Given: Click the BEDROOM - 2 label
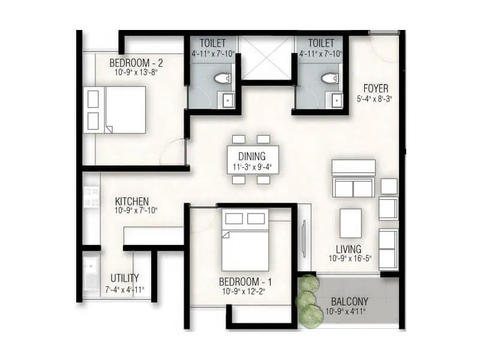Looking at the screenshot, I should (x=136, y=62).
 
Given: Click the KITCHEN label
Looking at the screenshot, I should (x=131, y=202).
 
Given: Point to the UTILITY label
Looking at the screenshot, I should (x=125, y=278).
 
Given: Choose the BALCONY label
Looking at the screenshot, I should (x=347, y=301).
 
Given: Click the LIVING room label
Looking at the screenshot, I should (x=349, y=249).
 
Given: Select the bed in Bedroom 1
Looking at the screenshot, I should (x=245, y=240).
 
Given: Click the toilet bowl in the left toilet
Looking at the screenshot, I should (x=223, y=78).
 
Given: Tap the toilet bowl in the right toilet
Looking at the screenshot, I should (x=329, y=78).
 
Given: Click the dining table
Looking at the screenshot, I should (x=253, y=160).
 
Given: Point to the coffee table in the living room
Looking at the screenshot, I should (x=351, y=223).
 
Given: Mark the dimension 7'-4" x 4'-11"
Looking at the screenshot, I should (x=125, y=289).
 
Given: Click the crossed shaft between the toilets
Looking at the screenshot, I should (x=266, y=58).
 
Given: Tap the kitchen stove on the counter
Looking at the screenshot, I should (x=91, y=198).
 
